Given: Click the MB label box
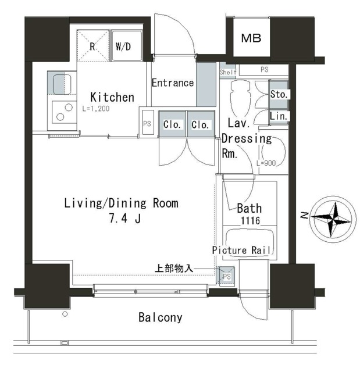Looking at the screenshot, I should [251, 39].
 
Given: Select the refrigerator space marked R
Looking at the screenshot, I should [93, 46].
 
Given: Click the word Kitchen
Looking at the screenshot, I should [112, 97].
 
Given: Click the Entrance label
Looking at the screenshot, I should [172, 83].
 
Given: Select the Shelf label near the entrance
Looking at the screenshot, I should [227, 72].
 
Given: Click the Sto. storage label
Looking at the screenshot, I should [279, 94].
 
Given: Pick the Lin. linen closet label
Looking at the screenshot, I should [279, 116].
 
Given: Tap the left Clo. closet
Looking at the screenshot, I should [172, 124].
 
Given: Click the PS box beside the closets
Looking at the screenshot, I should [147, 123].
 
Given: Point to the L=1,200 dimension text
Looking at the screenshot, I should [95, 109].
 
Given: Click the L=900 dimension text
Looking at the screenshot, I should [265, 163].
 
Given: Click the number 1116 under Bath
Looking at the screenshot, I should [248, 221].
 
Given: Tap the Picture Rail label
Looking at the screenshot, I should [242, 250].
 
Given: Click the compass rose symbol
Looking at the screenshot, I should [329, 218].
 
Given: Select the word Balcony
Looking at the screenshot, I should [161, 317].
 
